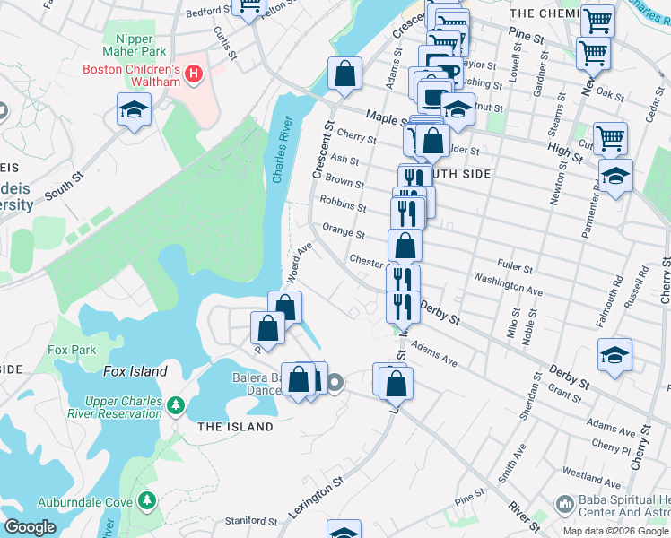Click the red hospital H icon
click(x=191, y=70)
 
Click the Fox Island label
click(x=135, y=371)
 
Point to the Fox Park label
click(x=72, y=350)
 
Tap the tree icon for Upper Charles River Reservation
click(x=176, y=406)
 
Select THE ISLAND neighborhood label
click(x=235, y=427)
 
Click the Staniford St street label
click(x=250, y=520)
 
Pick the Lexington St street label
click(x=317, y=498)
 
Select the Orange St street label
click(x=344, y=232)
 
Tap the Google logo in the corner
click(x=29, y=527)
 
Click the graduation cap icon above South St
click(x=135, y=111)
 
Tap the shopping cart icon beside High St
click(x=610, y=138)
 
